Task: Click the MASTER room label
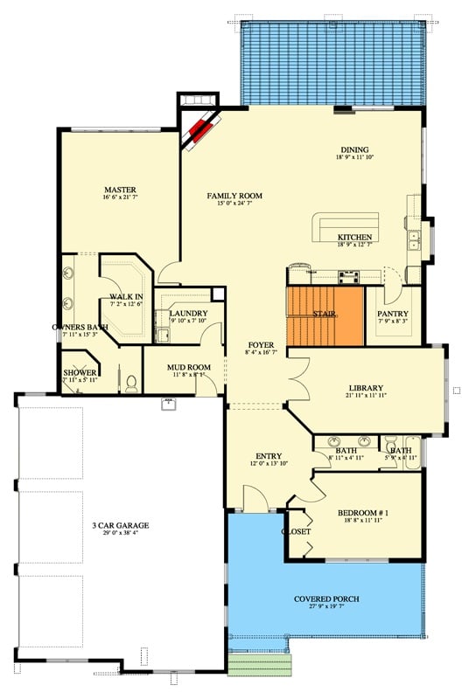pyautogui.click(x=120, y=190)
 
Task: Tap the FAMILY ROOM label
pyautogui.click(x=234, y=196)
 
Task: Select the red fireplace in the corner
pyautogui.click(x=202, y=131)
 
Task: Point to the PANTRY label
pyautogui.click(x=388, y=314)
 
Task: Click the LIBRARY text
pyautogui.click(x=366, y=388)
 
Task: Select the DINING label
pyautogui.click(x=354, y=149)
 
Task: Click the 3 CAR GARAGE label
pyautogui.click(x=120, y=525)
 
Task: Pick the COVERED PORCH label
pyautogui.click(x=327, y=599)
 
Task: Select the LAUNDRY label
pyautogui.click(x=188, y=313)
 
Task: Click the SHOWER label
pyautogui.click(x=80, y=372)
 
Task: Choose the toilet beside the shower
pyautogui.click(x=131, y=381)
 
